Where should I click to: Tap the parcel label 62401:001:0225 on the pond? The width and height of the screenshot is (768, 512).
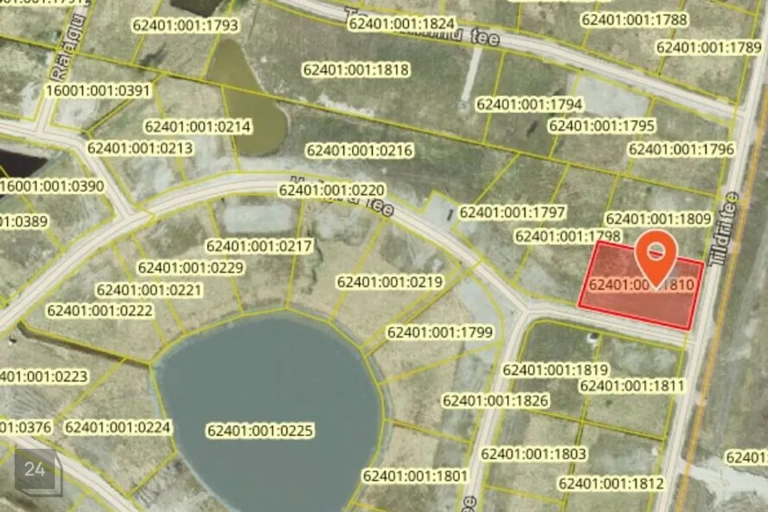pyautogui.click(x=260, y=431)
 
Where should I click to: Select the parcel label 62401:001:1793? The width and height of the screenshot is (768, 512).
pyautogui.click(x=186, y=26)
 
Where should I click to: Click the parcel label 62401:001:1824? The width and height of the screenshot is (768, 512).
pyautogui.click(x=402, y=24)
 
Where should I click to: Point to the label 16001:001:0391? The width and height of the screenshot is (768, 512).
pyautogui.click(x=98, y=90)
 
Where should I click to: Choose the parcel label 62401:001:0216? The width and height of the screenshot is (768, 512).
pyautogui.click(x=359, y=150)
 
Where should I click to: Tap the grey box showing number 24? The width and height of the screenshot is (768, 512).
pyautogui.click(x=35, y=470)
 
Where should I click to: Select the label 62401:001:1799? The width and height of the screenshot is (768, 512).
pyautogui.click(x=440, y=332)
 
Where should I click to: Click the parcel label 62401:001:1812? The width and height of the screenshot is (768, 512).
pyautogui.click(x=611, y=483)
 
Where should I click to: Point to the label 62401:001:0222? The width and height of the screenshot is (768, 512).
pyautogui.click(x=100, y=310)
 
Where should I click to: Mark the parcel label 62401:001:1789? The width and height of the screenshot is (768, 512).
pyautogui.click(x=709, y=47)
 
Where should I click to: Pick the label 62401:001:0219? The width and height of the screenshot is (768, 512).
pyautogui.click(x=390, y=282)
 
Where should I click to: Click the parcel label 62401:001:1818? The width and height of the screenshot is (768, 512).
pyautogui.click(x=356, y=70)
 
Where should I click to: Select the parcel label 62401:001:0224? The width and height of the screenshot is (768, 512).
pyautogui.click(x=118, y=427)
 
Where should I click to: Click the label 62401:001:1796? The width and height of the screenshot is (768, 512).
pyautogui.click(x=682, y=149)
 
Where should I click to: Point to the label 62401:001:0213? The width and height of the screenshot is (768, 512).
pyautogui.click(x=140, y=148)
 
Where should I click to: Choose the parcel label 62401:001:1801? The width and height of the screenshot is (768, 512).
pyautogui.click(x=415, y=476)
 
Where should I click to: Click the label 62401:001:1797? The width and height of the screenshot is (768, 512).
pyautogui.click(x=513, y=212)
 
